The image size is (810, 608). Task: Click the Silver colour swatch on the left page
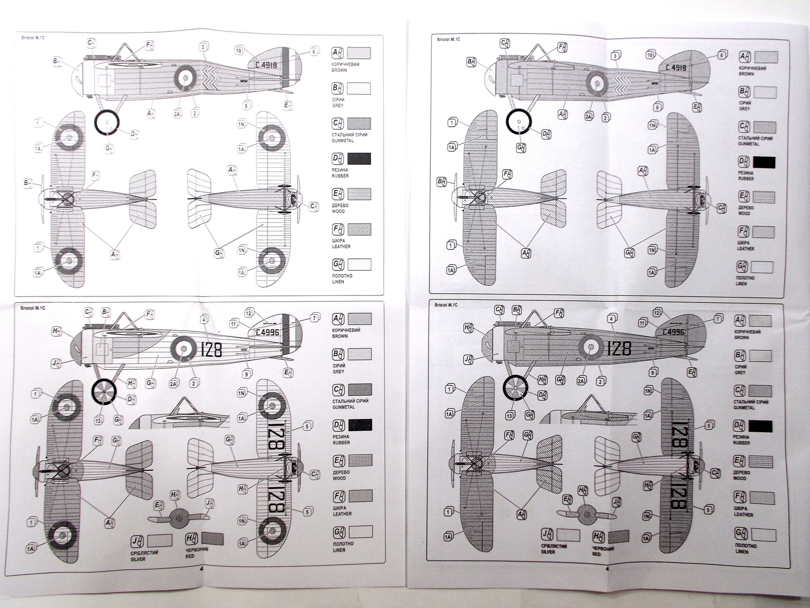(x=160, y=540)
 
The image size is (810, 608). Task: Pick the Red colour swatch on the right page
(x=618, y=537)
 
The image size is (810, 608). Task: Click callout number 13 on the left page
(x=98, y=420)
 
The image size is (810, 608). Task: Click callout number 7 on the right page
(x=717, y=319)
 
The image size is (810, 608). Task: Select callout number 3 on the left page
(x=202, y=47)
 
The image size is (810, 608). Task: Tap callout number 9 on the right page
(x=654, y=372)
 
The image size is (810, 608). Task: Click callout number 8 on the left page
(x=247, y=105)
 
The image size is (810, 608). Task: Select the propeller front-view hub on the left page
(x=178, y=517)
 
